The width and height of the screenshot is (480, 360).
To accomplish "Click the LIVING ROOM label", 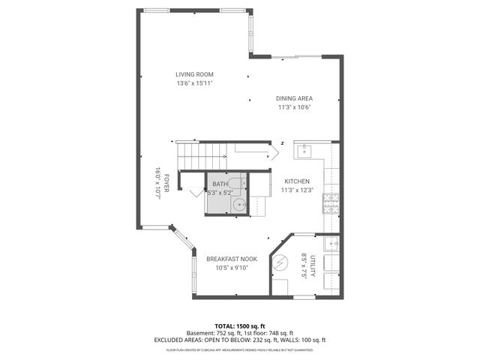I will (x=195, y=74).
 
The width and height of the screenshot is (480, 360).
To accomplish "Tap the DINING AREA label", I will (x=295, y=98).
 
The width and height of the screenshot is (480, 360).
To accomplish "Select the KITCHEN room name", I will (x=297, y=181).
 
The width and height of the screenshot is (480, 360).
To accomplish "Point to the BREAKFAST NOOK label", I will (x=232, y=259).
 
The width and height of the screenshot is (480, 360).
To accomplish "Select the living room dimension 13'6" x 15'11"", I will (x=195, y=84).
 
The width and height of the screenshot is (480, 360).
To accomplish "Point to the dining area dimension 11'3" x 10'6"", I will (x=295, y=107).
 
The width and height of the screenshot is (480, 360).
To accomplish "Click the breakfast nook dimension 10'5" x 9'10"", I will (x=232, y=268).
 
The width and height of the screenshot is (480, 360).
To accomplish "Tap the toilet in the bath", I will (x=235, y=184).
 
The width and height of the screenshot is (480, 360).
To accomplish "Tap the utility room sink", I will (x=332, y=244).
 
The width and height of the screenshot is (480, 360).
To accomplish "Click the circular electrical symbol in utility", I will (x=279, y=264).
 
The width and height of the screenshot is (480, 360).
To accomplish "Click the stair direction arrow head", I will (x=276, y=153).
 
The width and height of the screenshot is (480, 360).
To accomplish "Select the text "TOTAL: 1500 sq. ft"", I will (x=239, y=326).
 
